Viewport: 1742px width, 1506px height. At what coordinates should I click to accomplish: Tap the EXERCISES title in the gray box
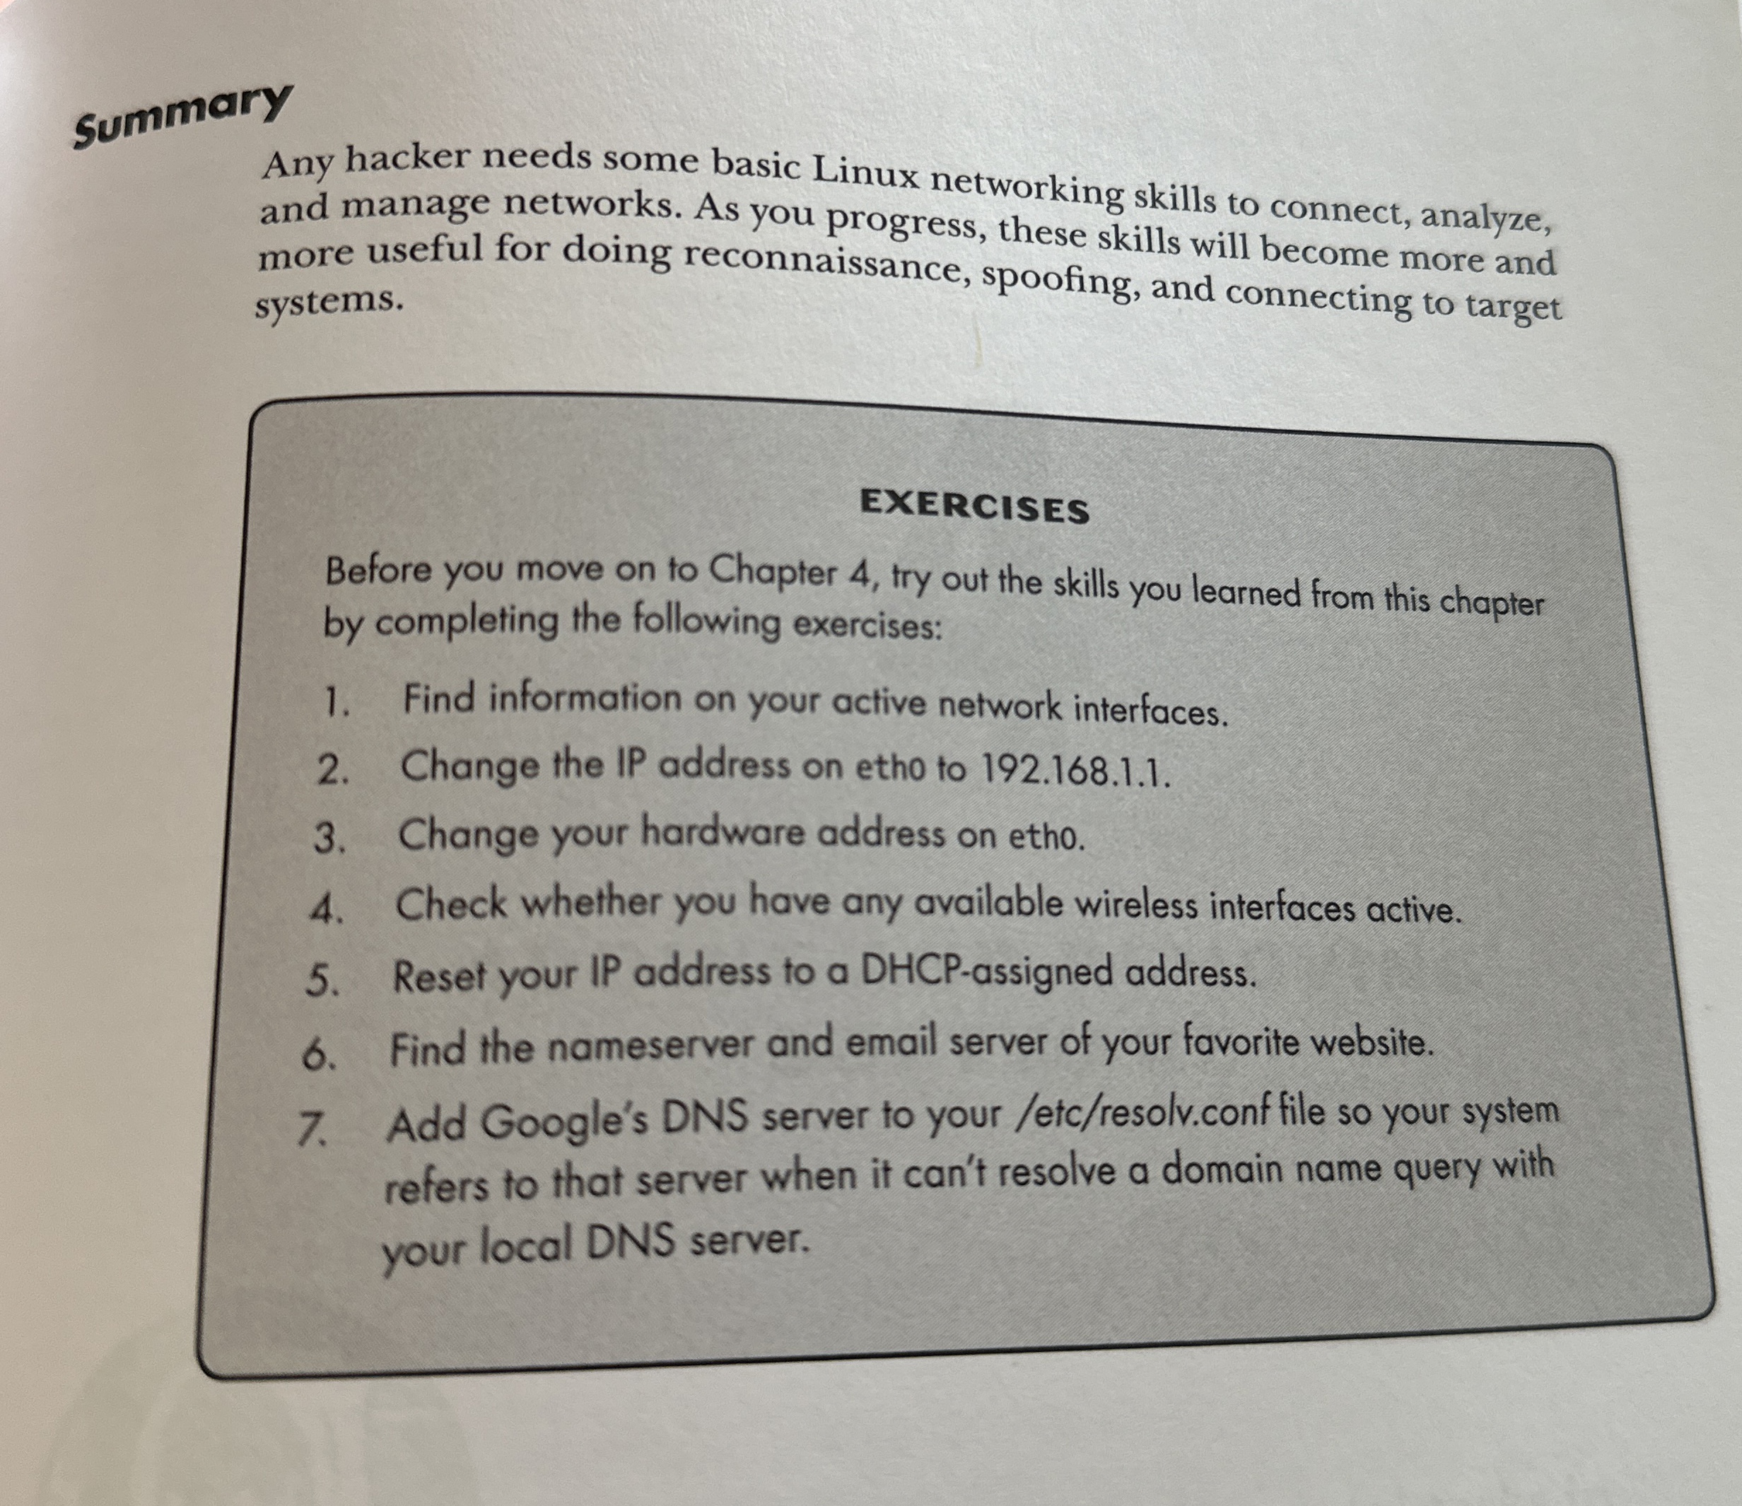[974, 506]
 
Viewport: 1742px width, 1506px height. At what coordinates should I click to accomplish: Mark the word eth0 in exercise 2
[893, 768]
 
